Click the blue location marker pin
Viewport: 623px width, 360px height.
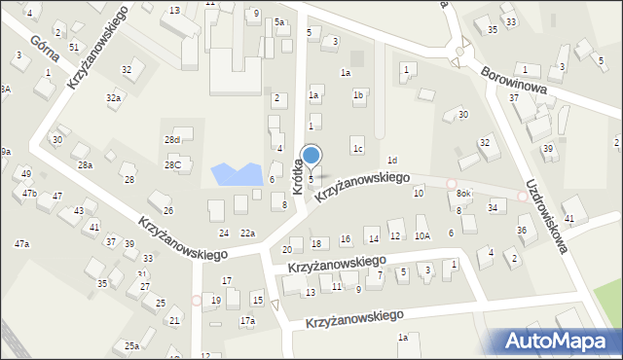coord(311,156)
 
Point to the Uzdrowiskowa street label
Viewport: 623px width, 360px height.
coord(548,210)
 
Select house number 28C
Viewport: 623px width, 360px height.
coord(172,165)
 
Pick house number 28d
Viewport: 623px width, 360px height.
coord(171,141)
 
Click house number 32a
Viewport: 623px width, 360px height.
coord(114,98)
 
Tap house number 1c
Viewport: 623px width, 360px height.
coord(358,149)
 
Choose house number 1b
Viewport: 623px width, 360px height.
coord(358,95)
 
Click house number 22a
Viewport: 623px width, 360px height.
coord(248,234)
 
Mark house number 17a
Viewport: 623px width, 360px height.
coord(247,321)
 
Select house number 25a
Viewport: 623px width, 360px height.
coord(131,345)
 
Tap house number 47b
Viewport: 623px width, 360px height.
coord(30,194)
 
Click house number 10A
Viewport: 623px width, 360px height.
coord(421,236)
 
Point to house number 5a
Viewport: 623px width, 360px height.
coord(278,22)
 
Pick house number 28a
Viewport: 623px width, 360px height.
coord(86,165)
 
